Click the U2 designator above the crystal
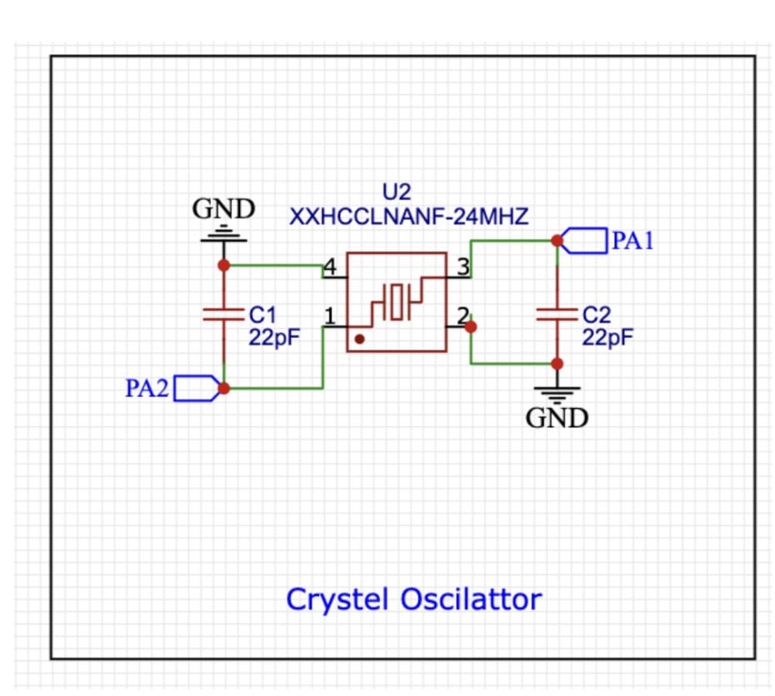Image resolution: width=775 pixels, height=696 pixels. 397,193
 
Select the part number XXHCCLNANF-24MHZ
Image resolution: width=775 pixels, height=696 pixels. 408,217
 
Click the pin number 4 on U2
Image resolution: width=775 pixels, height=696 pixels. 329,267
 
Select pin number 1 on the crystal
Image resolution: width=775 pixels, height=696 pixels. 329,316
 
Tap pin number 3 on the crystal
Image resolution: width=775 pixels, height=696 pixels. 462,267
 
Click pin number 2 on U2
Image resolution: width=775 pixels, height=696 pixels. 462,316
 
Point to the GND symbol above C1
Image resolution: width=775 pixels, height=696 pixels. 223,236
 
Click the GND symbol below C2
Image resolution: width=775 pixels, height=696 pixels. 557,393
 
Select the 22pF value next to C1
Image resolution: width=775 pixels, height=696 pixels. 274,337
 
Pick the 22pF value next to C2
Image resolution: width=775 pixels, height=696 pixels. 607,337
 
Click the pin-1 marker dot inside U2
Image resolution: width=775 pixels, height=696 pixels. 359,340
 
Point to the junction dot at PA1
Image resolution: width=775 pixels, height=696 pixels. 557,241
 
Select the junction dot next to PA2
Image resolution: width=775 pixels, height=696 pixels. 223,388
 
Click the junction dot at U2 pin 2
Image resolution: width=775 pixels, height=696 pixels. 471,327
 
